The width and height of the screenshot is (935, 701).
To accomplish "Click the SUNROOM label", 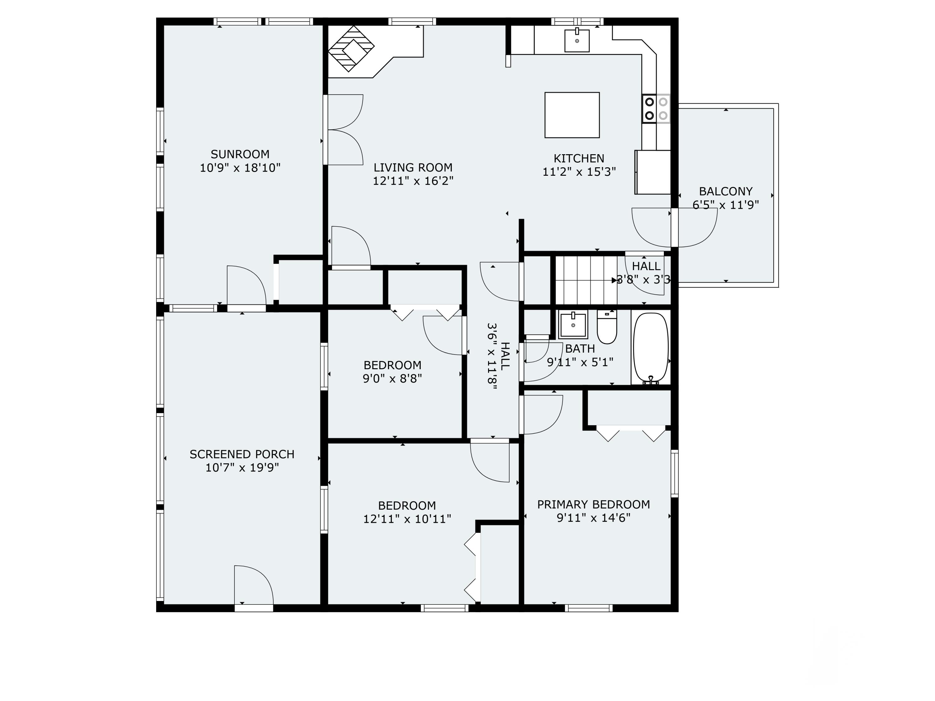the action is (x=240, y=154).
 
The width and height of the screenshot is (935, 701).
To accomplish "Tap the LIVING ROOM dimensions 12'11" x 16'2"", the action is (x=413, y=181).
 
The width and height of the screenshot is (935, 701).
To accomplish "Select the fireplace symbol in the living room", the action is (x=351, y=49).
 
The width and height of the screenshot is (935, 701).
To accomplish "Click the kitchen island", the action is (x=572, y=115).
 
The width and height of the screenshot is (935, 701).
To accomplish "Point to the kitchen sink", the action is (x=577, y=41).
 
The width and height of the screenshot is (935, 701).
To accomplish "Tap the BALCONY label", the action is (x=726, y=191).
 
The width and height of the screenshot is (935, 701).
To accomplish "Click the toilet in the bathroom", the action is (x=607, y=327).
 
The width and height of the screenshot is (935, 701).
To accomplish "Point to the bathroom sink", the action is (x=573, y=325).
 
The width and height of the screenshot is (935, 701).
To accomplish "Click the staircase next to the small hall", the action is (x=586, y=280).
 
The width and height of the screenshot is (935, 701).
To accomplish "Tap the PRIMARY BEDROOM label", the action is (x=593, y=504).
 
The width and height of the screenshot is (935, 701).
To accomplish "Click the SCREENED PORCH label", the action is (x=242, y=454).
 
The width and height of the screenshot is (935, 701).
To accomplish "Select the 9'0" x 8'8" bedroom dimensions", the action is (x=392, y=379).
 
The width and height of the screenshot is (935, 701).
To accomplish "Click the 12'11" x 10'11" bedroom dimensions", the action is (x=407, y=519).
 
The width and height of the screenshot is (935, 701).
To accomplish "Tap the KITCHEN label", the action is (x=579, y=159).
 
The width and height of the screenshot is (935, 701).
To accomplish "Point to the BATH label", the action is (x=580, y=349).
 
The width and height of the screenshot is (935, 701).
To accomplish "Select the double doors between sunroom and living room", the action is (x=343, y=130).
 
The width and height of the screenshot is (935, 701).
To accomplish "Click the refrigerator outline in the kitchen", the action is (x=653, y=172).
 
